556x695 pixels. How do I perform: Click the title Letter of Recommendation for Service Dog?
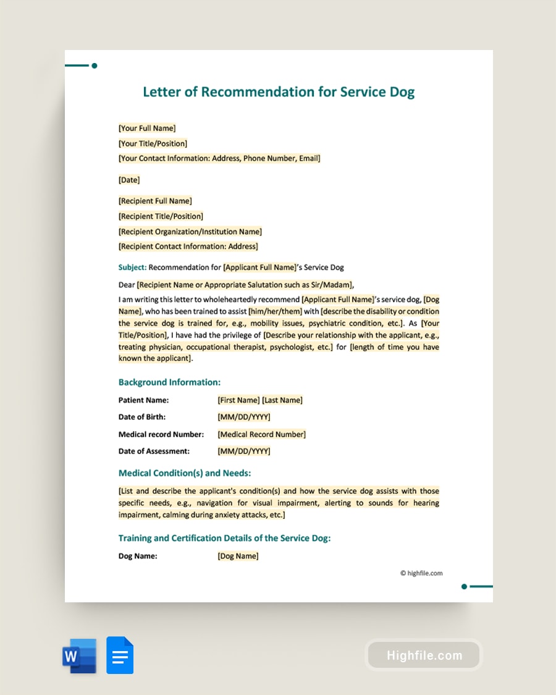pyautogui.click(x=279, y=92)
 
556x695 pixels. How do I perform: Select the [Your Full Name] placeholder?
pyautogui.click(x=147, y=128)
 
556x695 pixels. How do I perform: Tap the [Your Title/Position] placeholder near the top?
pyautogui.click(x=153, y=143)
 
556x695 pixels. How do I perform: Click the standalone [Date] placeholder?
pyautogui.click(x=129, y=180)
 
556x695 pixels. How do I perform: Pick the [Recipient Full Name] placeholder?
pyautogui.click(x=155, y=201)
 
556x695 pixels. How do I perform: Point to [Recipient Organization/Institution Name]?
pyautogui.click(x=190, y=232)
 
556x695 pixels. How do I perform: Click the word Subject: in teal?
pyautogui.click(x=132, y=267)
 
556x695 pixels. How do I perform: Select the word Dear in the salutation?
pyautogui.click(x=127, y=285)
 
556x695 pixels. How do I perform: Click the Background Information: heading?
pyautogui.click(x=169, y=382)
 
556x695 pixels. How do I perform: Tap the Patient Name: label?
pyautogui.click(x=143, y=400)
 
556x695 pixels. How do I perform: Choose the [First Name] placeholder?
pyautogui.click(x=238, y=400)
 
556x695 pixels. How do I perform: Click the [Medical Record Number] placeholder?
pyautogui.click(x=261, y=434)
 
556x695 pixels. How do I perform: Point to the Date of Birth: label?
pyautogui.click(x=142, y=417)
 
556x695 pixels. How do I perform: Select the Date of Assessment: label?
pyautogui.click(x=154, y=451)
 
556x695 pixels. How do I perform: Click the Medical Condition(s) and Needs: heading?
pyautogui.click(x=185, y=473)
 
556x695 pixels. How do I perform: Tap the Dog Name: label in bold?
pyautogui.click(x=138, y=556)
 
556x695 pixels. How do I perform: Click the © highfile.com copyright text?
pyautogui.click(x=421, y=573)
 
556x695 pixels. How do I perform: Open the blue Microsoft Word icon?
pyautogui.click(x=80, y=655)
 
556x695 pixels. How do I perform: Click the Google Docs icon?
pyautogui.click(x=120, y=655)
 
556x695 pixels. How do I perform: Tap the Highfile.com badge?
pyautogui.click(x=424, y=655)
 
